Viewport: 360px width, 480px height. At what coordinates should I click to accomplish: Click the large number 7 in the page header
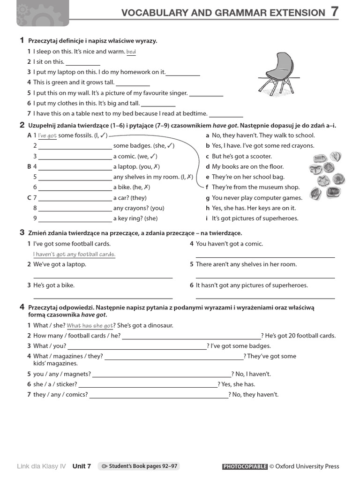click(334, 12)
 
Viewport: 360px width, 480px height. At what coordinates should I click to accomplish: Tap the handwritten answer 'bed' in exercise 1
click(131, 52)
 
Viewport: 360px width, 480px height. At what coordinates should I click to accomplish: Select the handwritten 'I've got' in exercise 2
click(47, 136)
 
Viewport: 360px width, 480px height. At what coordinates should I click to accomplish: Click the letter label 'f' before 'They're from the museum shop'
click(207, 187)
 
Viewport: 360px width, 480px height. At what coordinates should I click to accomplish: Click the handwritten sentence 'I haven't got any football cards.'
click(74, 255)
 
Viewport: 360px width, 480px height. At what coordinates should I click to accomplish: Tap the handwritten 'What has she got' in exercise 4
click(90, 326)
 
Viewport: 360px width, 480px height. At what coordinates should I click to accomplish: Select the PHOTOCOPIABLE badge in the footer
click(245, 467)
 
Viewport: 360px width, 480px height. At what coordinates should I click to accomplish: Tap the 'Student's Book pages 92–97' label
click(139, 466)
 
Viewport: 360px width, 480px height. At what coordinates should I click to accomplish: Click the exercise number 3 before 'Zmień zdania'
click(22, 232)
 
